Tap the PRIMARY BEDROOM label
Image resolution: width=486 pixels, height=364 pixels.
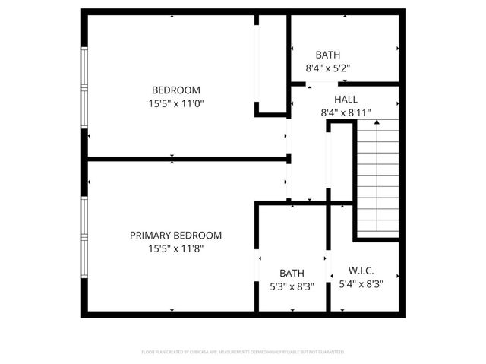[x=175, y=236]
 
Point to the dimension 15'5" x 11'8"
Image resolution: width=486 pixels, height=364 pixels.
[x=175, y=248]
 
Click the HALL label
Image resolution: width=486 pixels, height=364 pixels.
[x=346, y=100]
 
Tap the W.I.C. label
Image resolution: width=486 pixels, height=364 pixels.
[x=361, y=271]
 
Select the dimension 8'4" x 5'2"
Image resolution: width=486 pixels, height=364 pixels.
[x=328, y=68]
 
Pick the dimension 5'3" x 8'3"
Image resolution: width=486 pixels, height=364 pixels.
[x=292, y=286]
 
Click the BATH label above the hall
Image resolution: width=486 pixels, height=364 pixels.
[x=328, y=55]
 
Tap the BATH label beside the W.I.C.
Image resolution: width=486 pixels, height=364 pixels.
[x=292, y=274]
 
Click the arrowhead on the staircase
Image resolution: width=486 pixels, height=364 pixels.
[x=377, y=122]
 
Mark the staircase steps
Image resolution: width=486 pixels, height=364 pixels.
[x=377, y=182]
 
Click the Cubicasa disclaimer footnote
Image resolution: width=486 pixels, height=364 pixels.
[x=243, y=352]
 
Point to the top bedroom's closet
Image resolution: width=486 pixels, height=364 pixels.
[x=270, y=65]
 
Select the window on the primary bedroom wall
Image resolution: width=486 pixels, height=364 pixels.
[x=84, y=236]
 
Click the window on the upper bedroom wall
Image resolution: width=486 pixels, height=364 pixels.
[x=84, y=90]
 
